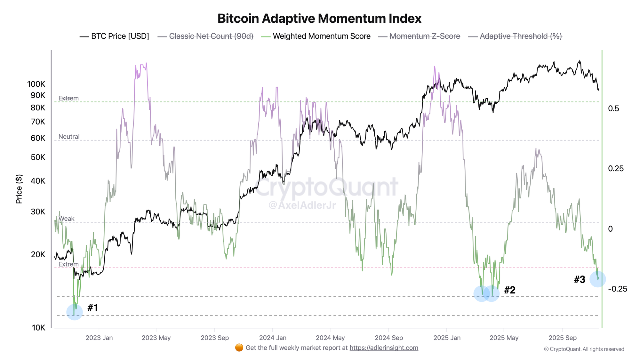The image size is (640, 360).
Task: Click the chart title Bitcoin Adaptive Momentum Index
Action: [319, 19]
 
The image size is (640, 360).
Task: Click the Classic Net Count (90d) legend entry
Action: [211, 36]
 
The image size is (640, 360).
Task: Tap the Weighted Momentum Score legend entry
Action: [321, 36]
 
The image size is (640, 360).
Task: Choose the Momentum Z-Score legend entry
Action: [425, 36]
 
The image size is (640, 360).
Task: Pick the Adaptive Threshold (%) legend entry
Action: [521, 36]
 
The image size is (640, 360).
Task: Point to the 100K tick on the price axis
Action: [36, 84]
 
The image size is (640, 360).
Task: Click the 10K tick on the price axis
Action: [38, 328]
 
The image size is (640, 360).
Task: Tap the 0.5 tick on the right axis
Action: [613, 108]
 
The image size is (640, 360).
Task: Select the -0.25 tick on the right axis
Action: [618, 289]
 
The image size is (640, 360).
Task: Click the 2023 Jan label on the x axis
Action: [99, 338]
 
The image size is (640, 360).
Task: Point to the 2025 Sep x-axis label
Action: [562, 338]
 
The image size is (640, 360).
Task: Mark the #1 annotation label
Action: [93, 308]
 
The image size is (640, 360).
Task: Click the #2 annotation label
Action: [510, 290]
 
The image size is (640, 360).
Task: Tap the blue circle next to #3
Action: [597, 279]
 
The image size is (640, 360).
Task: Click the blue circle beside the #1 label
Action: [75, 312]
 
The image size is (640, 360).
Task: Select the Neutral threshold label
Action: [69, 137]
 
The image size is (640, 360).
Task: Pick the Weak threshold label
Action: [66, 219]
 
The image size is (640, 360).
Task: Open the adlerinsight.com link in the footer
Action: [384, 348]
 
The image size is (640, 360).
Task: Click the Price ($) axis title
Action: [19, 189]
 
